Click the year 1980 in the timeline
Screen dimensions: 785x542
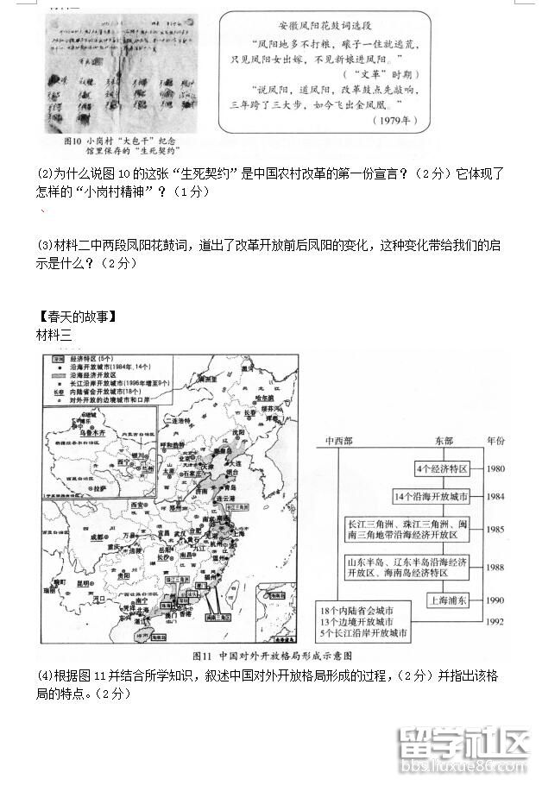point(495,468)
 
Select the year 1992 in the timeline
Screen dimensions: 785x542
point(495,620)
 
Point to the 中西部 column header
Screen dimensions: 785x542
point(338,440)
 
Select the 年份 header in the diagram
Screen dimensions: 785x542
point(495,440)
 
